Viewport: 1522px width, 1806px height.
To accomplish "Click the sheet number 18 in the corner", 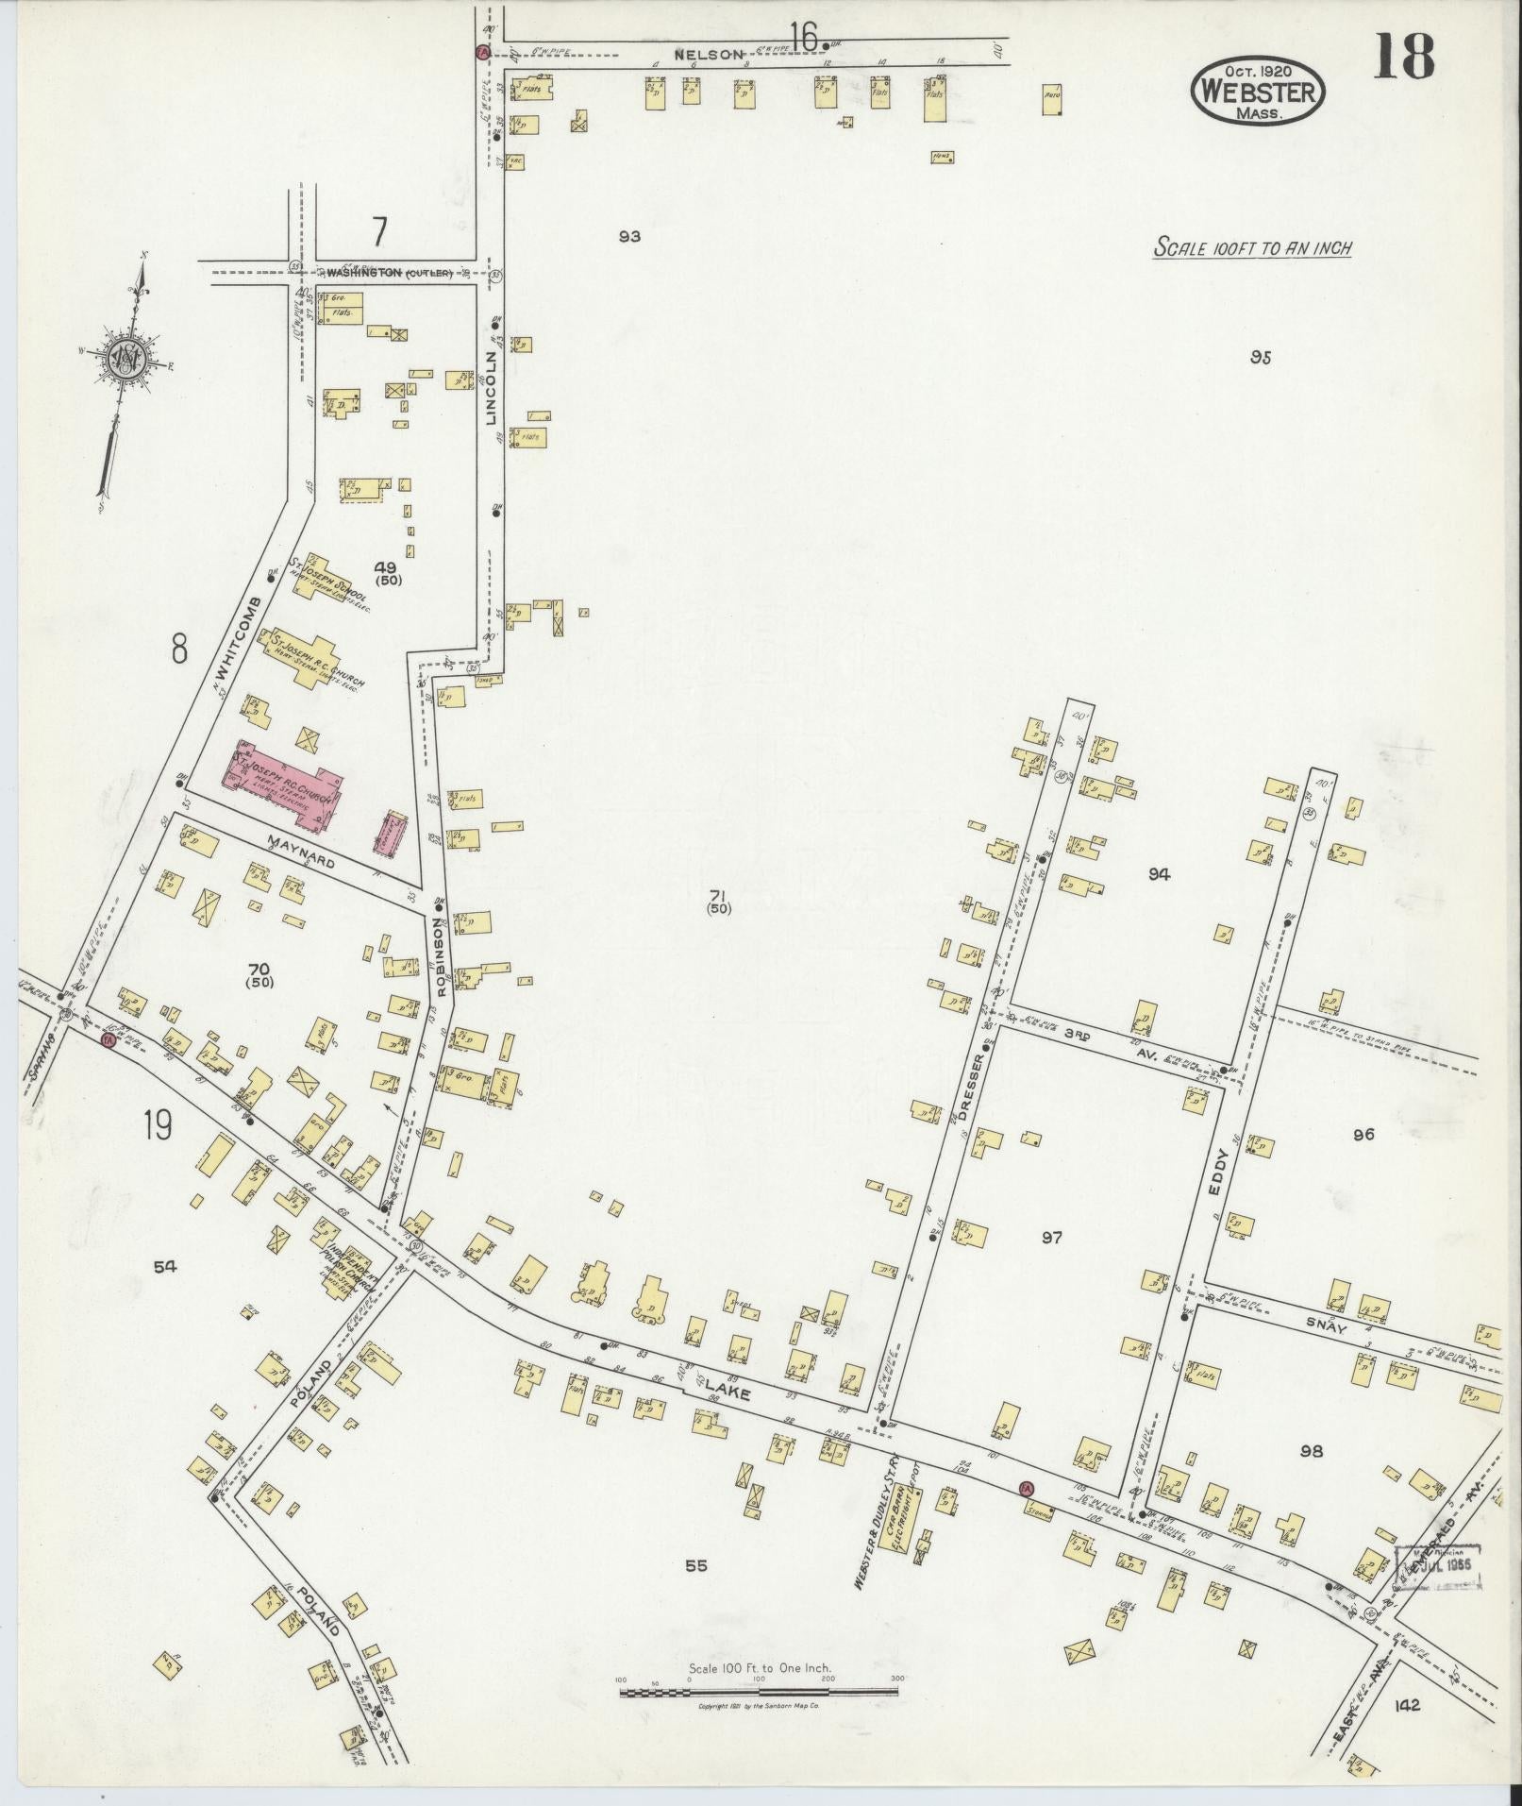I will click(x=1403, y=58).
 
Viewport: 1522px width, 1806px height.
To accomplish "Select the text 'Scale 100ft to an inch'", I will click(x=1254, y=248).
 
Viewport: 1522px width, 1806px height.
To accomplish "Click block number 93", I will click(x=629, y=236).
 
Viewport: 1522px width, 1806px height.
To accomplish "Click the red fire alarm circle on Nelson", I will click(x=481, y=51).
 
